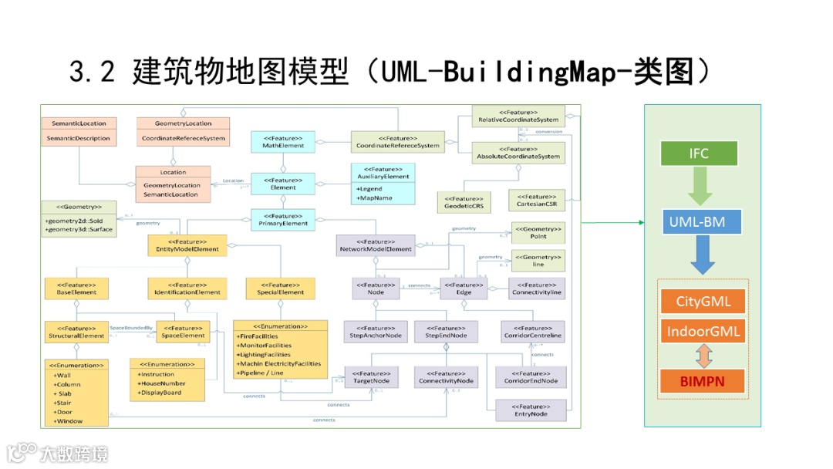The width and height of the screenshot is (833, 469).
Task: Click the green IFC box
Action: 699,154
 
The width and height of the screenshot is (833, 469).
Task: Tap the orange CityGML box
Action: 703,301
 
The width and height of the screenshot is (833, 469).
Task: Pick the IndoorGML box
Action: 703,332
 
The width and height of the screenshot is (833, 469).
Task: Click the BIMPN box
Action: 703,380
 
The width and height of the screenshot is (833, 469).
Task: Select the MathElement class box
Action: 282,141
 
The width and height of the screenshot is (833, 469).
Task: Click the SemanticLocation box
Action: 79,131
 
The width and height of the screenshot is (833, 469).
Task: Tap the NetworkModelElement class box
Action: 376,245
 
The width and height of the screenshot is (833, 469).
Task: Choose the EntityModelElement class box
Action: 187,245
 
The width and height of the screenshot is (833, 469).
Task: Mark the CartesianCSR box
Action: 537,201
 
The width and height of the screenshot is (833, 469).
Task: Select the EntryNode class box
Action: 531,410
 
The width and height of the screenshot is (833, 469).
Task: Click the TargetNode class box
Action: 371,377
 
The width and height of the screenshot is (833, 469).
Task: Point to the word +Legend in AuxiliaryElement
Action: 370,189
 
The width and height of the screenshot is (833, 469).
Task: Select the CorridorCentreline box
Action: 532,332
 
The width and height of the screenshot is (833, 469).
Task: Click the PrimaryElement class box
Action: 282,220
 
